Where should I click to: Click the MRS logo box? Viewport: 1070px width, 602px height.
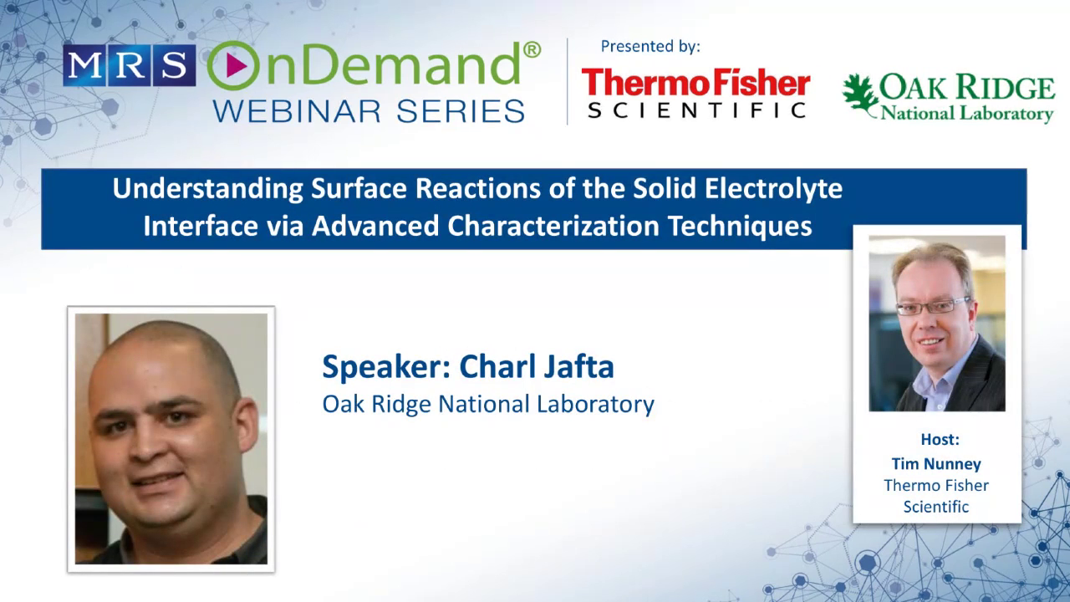tap(129, 66)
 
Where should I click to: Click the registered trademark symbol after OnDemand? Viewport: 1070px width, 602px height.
tap(532, 49)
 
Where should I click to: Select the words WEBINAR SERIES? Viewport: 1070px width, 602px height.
tap(369, 110)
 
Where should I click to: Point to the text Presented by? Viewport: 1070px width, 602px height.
tap(650, 47)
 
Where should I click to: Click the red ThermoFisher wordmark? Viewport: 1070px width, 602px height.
tap(695, 83)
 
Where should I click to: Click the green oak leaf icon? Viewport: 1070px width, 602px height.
tap(859, 93)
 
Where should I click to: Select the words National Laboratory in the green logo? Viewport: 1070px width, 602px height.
tap(967, 113)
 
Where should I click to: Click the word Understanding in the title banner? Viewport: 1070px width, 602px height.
tap(209, 189)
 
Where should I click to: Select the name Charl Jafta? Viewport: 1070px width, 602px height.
tap(537, 366)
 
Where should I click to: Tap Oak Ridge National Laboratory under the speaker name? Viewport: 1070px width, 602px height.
tap(488, 404)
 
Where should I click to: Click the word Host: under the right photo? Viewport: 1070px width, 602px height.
tap(940, 439)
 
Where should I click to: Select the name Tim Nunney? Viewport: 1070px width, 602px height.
tap(936, 463)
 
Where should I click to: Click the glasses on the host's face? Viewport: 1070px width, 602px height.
tap(932, 307)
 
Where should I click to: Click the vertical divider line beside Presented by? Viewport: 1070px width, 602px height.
tap(568, 81)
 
